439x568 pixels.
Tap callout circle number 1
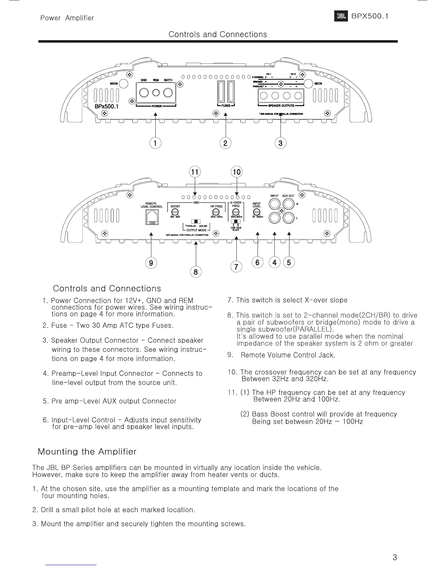click(x=155, y=143)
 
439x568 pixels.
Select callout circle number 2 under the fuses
click(x=225, y=143)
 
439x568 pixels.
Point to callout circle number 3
click(x=280, y=143)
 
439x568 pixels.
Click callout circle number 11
click(x=194, y=172)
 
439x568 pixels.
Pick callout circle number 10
click(x=237, y=172)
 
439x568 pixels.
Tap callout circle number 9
click(x=151, y=263)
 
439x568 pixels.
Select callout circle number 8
click(x=195, y=272)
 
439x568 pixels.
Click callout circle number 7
click(x=236, y=267)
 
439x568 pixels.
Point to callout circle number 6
click(x=257, y=262)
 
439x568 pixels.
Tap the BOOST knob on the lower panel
click(x=175, y=212)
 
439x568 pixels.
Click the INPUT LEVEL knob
click(x=257, y=212)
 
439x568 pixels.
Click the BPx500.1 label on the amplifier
click(x=107, y=106)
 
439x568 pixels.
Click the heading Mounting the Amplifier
click(x=87, y=451)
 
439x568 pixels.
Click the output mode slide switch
click(x=196, y=221)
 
